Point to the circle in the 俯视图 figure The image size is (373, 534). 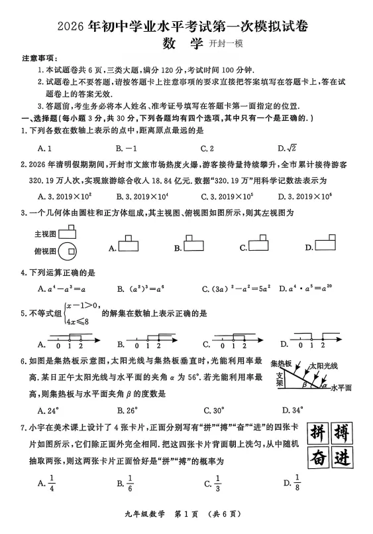click(x=66, y=251)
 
